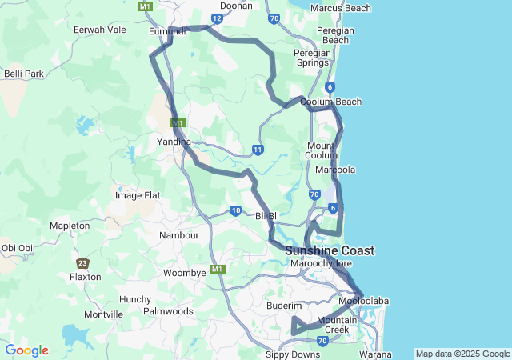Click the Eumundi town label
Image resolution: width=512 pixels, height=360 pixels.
click(x=167, y=31)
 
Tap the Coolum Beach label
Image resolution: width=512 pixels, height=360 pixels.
click(x=330, y=102)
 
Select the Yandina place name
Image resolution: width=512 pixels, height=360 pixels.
click(x=174, y=141)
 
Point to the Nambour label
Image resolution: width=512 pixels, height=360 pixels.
click(x=178, y=235)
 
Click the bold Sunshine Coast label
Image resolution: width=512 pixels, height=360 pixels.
click(x=330, y=250)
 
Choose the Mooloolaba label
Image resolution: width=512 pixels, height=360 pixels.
click(x=363, y=301)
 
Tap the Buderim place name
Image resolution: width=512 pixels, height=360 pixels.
click(x=283, y=306)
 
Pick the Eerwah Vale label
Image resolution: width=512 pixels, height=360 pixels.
click(x=100, y=30)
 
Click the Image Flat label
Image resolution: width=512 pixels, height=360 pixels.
click(x=138, y=195)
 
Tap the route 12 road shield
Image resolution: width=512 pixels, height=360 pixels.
click(x=217, y=18)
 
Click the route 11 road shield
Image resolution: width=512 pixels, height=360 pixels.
click(x=258, y=150)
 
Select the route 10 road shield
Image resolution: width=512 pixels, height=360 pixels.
click(x=235, y=211)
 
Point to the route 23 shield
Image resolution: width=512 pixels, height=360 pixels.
click(x=82, y=262)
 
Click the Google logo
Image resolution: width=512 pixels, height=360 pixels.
click(x=26, y=350)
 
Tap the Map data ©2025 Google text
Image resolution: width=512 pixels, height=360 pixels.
click(x=462, y=354)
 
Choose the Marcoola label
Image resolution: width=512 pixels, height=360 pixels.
click(x=335, y=170)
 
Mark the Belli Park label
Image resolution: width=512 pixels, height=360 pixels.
click(x=23, y=74)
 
